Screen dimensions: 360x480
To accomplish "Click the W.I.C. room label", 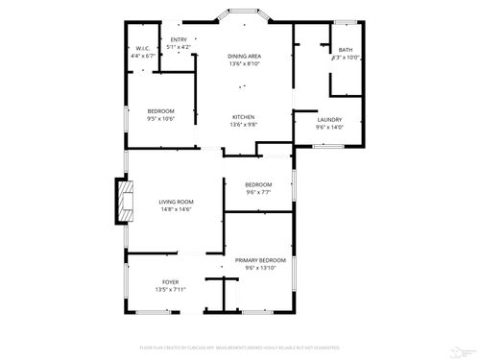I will click(x=141, y=49).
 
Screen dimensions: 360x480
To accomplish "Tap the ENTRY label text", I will click(x=179, y=39).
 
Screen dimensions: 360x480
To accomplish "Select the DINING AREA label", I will click(x=245, y=57).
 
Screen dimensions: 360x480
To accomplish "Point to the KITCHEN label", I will click(x=243, y=117).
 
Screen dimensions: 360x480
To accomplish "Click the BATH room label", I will click(x=345, y=51).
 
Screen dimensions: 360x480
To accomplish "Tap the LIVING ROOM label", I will click(x=176, y=202).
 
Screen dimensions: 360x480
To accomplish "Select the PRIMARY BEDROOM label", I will click(x=260, y=260).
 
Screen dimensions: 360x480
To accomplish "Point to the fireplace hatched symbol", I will click(x=121, y=202).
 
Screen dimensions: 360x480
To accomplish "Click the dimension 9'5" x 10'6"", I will click(x=160, y=118).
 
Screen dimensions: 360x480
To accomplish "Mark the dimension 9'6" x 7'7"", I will click(x=258, y=192).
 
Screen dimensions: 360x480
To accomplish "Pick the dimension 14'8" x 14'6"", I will click(x=176, y=209).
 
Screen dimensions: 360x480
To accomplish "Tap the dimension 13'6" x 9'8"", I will click(x=243, y=125).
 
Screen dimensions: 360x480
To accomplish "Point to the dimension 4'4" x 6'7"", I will click(x=141, y=56).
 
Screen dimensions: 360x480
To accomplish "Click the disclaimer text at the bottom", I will click(x=240, y=347).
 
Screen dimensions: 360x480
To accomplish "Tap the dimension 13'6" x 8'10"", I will click(x=245, y=64).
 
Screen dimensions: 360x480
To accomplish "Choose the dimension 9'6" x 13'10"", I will click(x=260, y=268).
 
